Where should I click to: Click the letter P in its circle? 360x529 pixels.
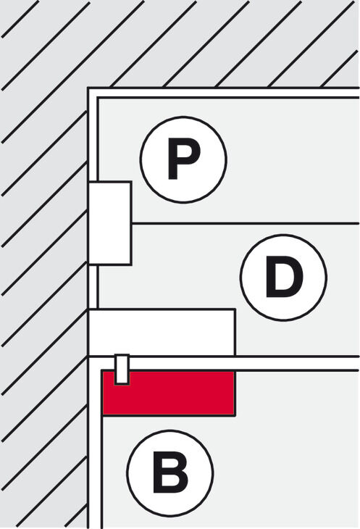click(184, 159)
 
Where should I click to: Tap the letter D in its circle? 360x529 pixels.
click(283, 277)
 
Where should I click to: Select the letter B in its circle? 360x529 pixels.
click(170, 472)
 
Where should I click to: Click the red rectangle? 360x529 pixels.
click(169, 393)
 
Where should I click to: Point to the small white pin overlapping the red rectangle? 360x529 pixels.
click(122, 369)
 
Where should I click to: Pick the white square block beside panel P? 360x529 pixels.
click(110, 223)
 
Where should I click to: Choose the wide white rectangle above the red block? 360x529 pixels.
click(162, 333)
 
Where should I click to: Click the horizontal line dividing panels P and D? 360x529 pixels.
click(246, 223)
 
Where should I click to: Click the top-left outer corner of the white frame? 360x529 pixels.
click(88, 88)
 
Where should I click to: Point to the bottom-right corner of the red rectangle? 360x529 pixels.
click(235, 415)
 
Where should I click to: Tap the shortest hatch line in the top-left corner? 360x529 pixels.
click(20, 19)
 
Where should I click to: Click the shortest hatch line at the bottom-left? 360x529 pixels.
click(76, 516)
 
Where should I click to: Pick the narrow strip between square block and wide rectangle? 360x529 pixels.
click(93, 287)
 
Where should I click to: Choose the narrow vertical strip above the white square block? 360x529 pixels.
click(93, 139)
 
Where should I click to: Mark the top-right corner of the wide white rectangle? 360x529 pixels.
click(235, 309)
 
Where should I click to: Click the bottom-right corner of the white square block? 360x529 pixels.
click(131, 264)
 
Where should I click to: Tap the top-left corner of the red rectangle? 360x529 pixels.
click(102, 371)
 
